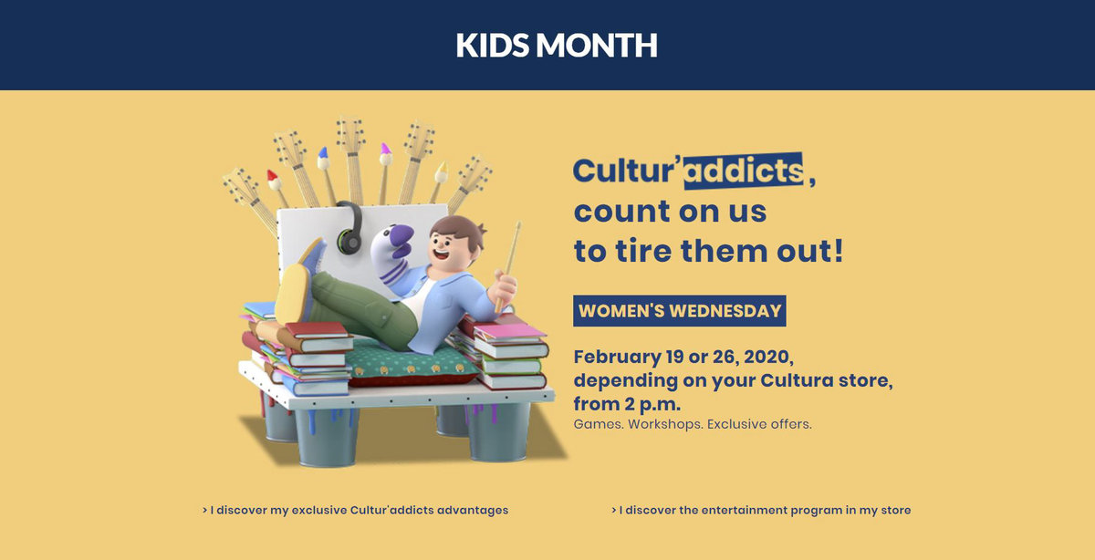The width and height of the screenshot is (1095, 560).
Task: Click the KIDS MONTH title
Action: pyautogui.click(x=557, y=45)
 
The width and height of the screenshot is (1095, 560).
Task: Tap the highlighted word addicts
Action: pyautogui.click(x=743, y=171)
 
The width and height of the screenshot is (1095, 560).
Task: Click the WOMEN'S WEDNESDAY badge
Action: pyautogui.click(x=680, y=311)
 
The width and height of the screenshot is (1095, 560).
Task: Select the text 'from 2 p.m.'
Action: pyautogui.click(x=627, y=404)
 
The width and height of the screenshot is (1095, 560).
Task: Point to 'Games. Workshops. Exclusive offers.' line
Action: pyautogui.click(x=693, y=424)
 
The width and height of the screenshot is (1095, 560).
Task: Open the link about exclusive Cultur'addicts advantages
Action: pyautogui.click(x=355, y=510)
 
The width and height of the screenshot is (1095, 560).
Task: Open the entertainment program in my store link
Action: pyautogui.click(x=761, y=510)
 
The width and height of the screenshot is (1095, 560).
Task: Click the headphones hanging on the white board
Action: pyautogui.click(x=349, y=228)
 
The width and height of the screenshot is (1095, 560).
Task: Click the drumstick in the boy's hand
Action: pyautogui.click(x=508, y=266)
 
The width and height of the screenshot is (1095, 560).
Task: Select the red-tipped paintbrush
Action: pyautogui.click(x=276, y=187)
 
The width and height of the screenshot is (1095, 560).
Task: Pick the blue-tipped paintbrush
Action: pyautogui.click(x=326, y=176)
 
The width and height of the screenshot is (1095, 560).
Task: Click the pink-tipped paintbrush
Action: pyautogui.click(x=385, y=173)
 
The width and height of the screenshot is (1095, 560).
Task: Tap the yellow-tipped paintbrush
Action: pyautogui.click(x=439, y=181)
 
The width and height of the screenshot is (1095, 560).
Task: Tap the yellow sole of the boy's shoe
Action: pyautogui.click(x=292, y=293)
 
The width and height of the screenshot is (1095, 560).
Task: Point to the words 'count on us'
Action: pyautogui.click(x=670, y=212)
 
